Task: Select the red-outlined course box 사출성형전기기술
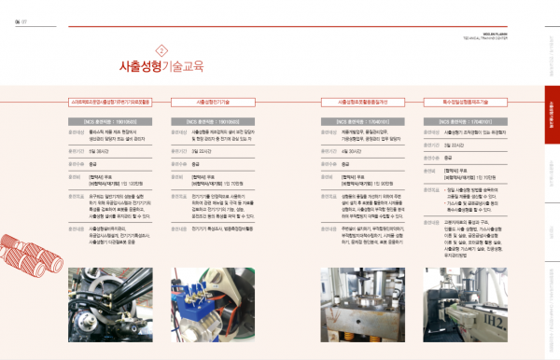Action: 213,101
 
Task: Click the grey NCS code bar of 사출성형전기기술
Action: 213,121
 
